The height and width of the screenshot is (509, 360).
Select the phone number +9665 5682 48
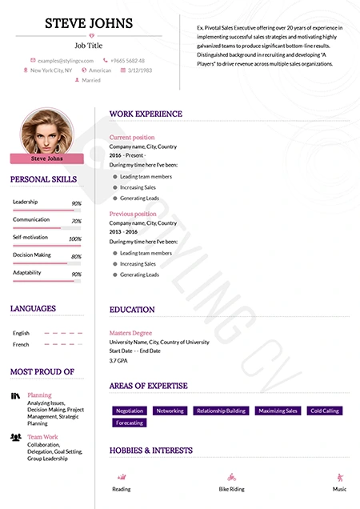click(x=128, y=60)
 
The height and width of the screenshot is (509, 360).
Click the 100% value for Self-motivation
click(x=75, y=238)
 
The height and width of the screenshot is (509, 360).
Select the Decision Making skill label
click(x=32, y=255)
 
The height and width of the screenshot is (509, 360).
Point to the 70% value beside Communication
click(x=76, y=221)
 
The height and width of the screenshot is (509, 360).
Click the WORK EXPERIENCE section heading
click(x=146, y=114)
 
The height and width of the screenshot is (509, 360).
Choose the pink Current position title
click(x=132, y=138)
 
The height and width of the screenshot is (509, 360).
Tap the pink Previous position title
click(x=133, y=214)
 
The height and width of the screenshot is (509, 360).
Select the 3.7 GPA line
click(x=121, y=361)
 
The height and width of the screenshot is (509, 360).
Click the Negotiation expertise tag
click(x=129, y=411)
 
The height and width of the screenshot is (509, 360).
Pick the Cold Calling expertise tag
click(x=325, y=411)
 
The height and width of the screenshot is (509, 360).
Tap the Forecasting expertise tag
click(x=129, y=423)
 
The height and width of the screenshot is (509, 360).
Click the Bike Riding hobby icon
click(x=231, y=475)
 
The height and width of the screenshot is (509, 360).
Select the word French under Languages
click(x=21, y=344)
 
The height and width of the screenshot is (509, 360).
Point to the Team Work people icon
click(x=16, y=437)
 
